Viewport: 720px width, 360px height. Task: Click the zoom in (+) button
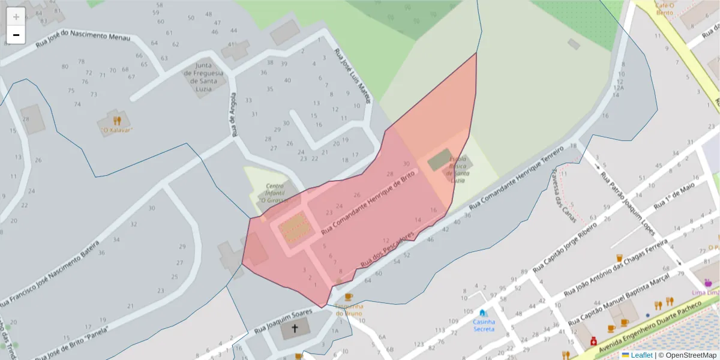coord(16,17)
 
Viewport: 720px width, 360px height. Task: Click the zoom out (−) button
coord(16,35)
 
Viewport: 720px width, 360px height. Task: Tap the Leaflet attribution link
coord(641,355)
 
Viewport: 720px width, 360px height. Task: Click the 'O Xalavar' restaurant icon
coord(116,120)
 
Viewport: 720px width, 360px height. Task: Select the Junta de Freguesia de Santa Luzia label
coord(205,74)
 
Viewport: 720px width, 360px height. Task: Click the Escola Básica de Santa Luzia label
coord(457,170)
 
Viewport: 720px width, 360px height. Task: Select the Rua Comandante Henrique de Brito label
coord(368,202)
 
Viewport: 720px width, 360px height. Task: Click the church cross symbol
coord(294,328)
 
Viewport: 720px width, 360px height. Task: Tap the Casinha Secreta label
coord(484,325)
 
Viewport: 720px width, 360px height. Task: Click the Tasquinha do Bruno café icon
coord(349,296)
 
